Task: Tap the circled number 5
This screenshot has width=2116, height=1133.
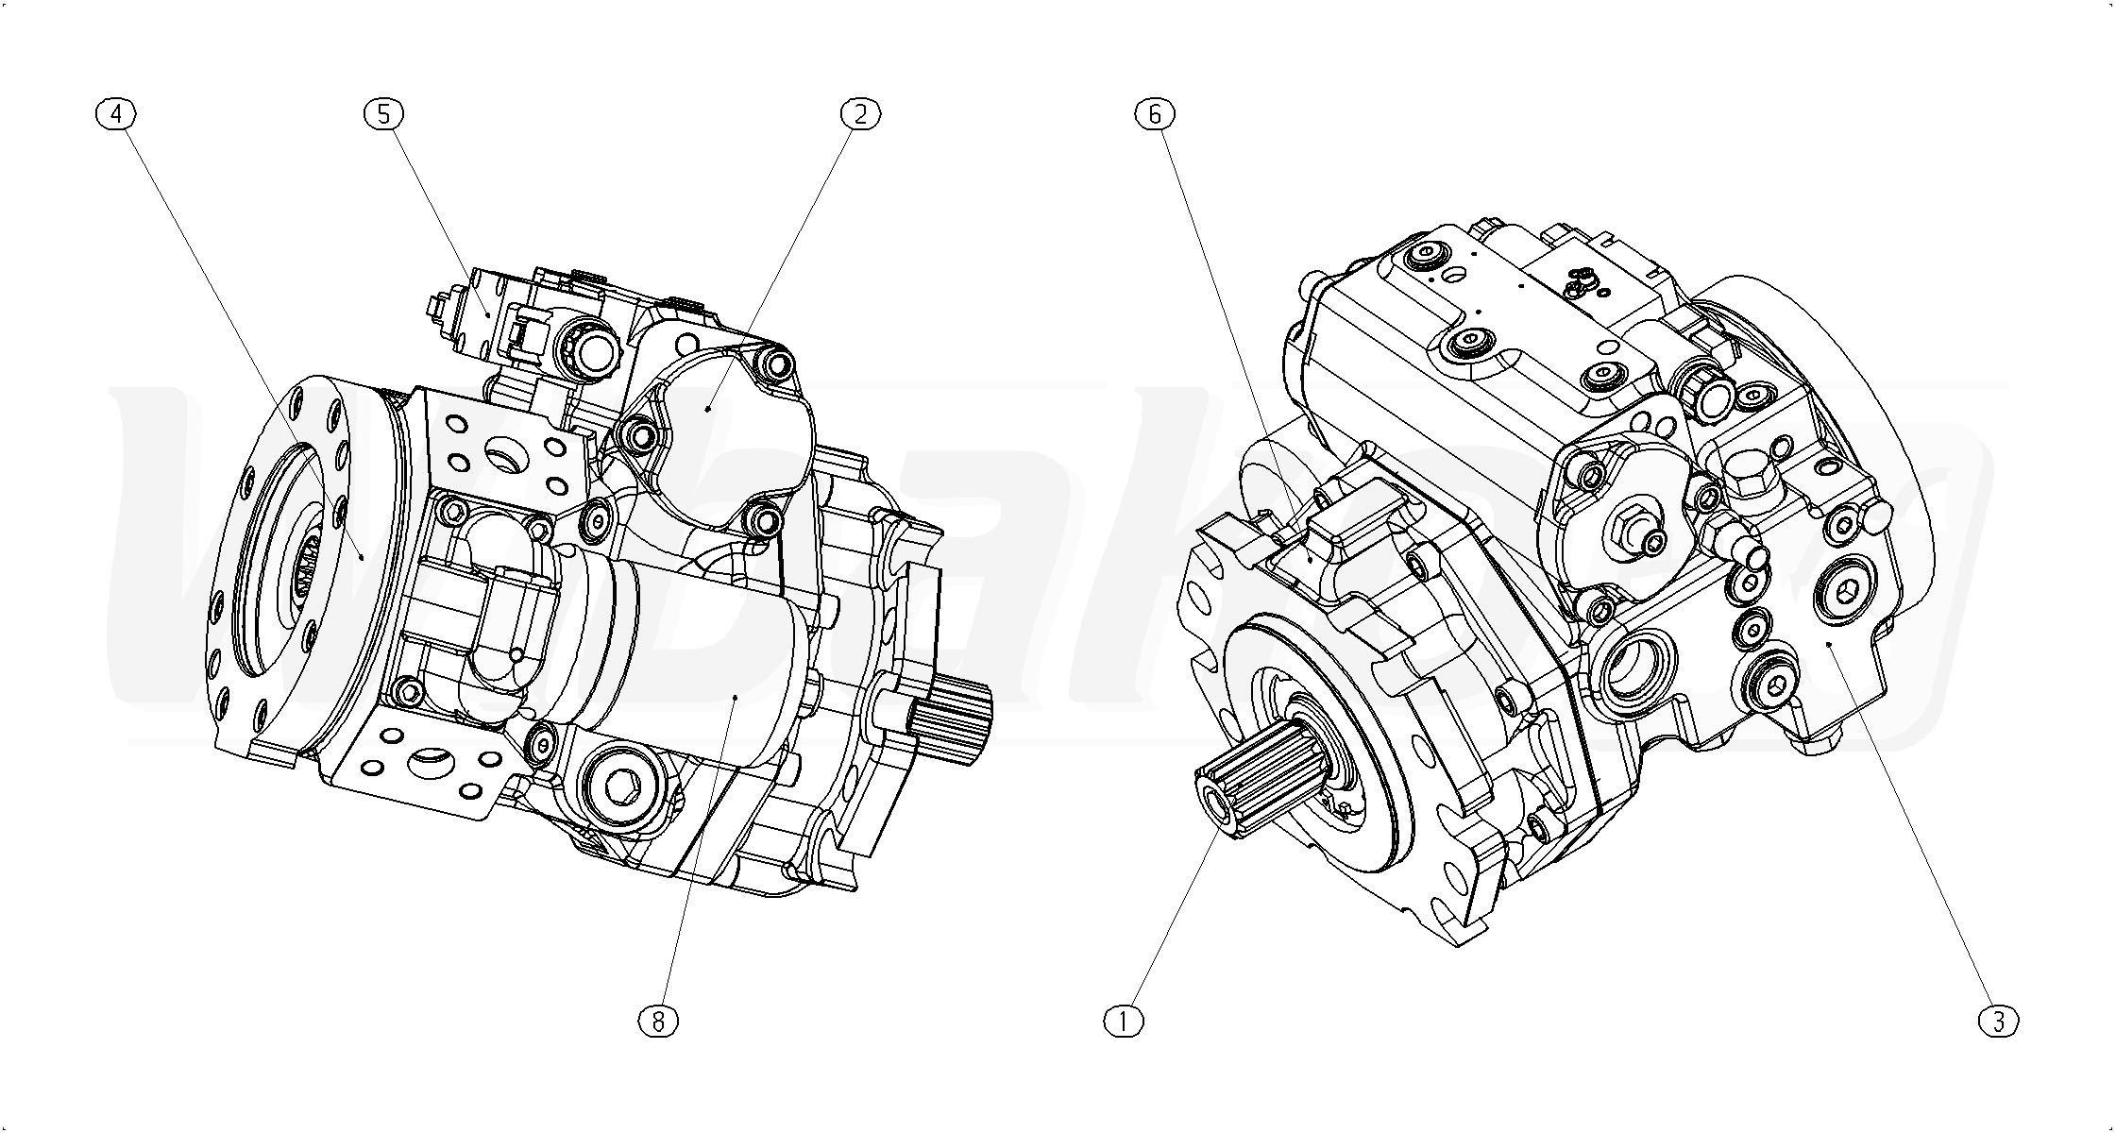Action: (x=383, y=114)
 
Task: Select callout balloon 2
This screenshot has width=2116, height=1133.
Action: (x=860, y=114)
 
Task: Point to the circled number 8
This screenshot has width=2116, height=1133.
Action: (x=658, y=1021)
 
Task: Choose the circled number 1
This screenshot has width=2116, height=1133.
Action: (x=1124, y=1021)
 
